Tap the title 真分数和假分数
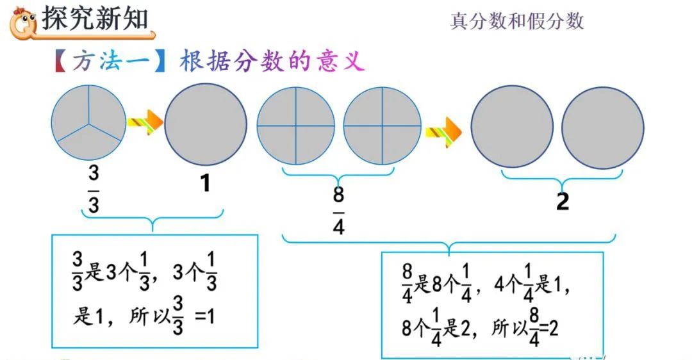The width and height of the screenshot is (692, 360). click(517, 21)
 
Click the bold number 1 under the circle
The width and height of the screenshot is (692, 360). click(205, 184)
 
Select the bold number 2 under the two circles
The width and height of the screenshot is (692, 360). click(563, 202)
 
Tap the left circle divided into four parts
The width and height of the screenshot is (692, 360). click(296, 126)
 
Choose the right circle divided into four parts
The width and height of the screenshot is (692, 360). click(383, 126)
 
